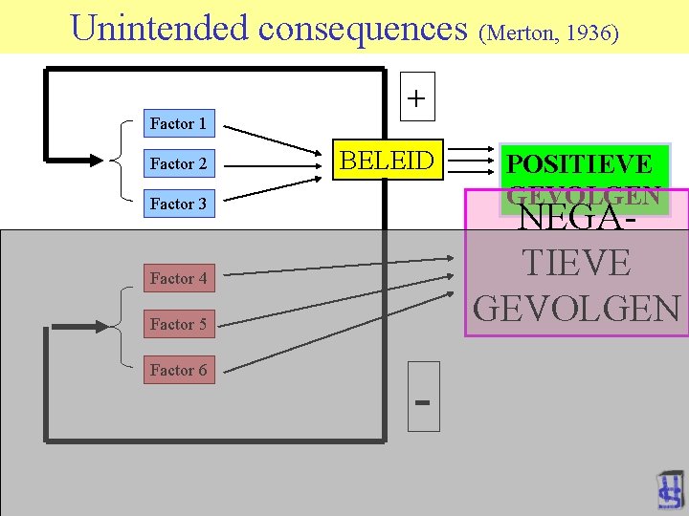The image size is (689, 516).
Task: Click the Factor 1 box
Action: (x=178, y=123)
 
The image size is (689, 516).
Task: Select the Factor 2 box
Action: (x=178, y=163)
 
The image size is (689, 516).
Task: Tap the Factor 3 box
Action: (x=178, y=204)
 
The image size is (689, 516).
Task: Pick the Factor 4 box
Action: (x=178, y=278)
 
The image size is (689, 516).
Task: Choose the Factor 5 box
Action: (x=178, y=324)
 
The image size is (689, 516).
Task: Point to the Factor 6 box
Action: (x=178, y=370)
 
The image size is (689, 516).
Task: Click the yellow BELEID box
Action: (x=387, y=161)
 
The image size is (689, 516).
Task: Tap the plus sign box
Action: (x=417, y=97)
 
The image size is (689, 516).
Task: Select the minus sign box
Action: (x=423, y=397)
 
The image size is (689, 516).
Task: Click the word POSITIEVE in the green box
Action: (x=579, y=164)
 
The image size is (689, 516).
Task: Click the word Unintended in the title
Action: (x=160, y=28)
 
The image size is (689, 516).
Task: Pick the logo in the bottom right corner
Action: (x=670, y=491)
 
